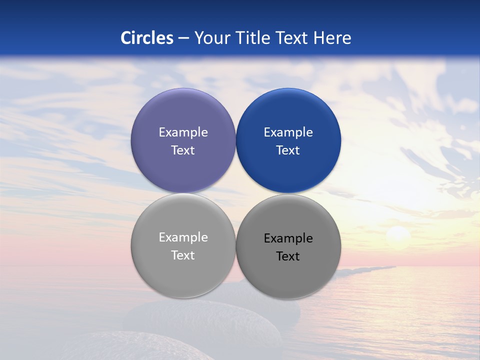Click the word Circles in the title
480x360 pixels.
(x=147, y=38)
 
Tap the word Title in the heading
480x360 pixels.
(x=253, y=38)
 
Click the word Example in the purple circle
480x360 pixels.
(x=183, y=132)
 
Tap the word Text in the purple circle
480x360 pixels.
(x=183, y=150)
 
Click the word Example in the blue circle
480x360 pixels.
(x=288, y=132)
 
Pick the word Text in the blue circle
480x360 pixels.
(x=288, y=150)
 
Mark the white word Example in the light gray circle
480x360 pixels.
(x=183, y=237)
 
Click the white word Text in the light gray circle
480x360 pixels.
(x=183, y=255)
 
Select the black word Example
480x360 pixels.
(x=288, y=238)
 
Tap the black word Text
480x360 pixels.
(x=288, y=256)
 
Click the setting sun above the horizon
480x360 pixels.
(x=398, y=234)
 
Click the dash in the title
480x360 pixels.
(x=183, y=38)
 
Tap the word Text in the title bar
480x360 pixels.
(x=293, y=38)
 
